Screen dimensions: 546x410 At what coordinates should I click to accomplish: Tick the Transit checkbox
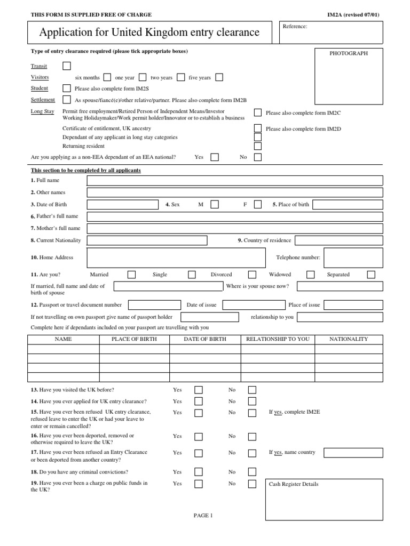pos(67,66)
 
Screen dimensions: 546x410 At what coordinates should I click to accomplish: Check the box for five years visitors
pos(219,77)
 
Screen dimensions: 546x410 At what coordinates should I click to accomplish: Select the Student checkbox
pos(67,89)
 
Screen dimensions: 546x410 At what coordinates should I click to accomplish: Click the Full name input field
pos(235,181)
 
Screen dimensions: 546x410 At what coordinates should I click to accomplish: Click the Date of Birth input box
pos(123,204)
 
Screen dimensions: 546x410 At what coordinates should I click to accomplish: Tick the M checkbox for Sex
pos(215,204)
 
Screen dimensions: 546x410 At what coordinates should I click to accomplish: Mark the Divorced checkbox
pos(252,275)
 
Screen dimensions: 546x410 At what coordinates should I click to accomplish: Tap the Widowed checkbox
pos(310,275)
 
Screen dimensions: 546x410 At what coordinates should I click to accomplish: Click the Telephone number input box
pos(353,258)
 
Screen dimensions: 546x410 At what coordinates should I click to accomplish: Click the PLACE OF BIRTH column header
pos(134,339)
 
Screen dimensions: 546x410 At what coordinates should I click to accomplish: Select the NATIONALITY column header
pos(349,339)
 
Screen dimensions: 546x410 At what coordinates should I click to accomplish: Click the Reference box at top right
pos(331,33)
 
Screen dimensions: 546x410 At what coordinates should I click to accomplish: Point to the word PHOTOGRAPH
pos(349,53)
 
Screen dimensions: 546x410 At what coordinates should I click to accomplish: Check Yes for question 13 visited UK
pos(199,390)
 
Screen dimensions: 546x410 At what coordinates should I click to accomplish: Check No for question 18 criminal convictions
pos(252,472)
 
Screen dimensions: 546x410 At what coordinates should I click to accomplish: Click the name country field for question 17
pos(353,453)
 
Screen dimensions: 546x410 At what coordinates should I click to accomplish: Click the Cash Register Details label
pos(294,484)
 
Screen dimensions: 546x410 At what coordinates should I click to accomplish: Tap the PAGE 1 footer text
pos(203,515)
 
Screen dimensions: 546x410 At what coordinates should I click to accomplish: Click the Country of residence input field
pos(338,240)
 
